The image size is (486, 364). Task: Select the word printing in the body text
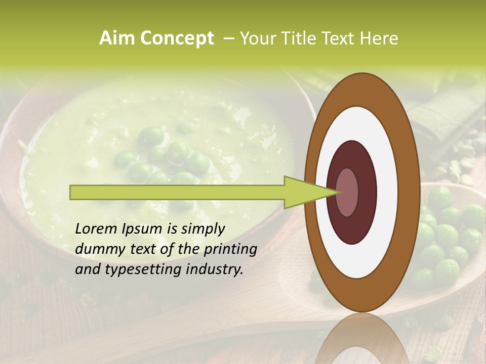pos(230,250)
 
